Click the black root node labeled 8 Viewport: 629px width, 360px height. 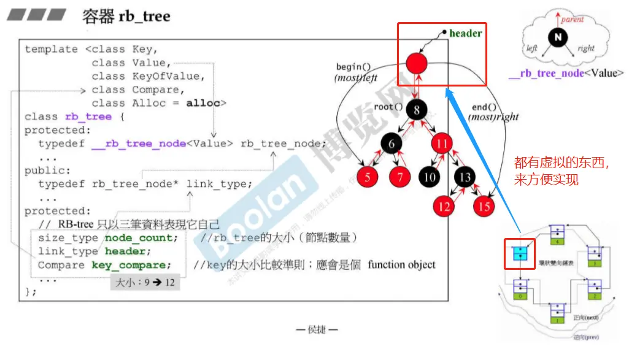coord(417,111)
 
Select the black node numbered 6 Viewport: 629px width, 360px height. coord(391,144)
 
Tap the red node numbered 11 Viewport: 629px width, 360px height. coord(441,144)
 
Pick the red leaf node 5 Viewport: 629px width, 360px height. coord(368,177)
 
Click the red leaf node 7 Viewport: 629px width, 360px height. coord(399,177)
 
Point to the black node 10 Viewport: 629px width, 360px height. coord(430,177)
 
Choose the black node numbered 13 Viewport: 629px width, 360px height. coord(465,177)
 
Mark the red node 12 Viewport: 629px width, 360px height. coord(444,206)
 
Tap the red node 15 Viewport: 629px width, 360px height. coord(484,206)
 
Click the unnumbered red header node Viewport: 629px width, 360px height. coord(416,62)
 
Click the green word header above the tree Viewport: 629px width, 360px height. coord(465,33)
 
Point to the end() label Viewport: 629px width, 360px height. coord(484,107)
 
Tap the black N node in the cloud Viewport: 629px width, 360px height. coord(557,38)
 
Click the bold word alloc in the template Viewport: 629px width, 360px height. coord(203,103)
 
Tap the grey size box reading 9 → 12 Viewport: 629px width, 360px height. coord(145,283)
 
